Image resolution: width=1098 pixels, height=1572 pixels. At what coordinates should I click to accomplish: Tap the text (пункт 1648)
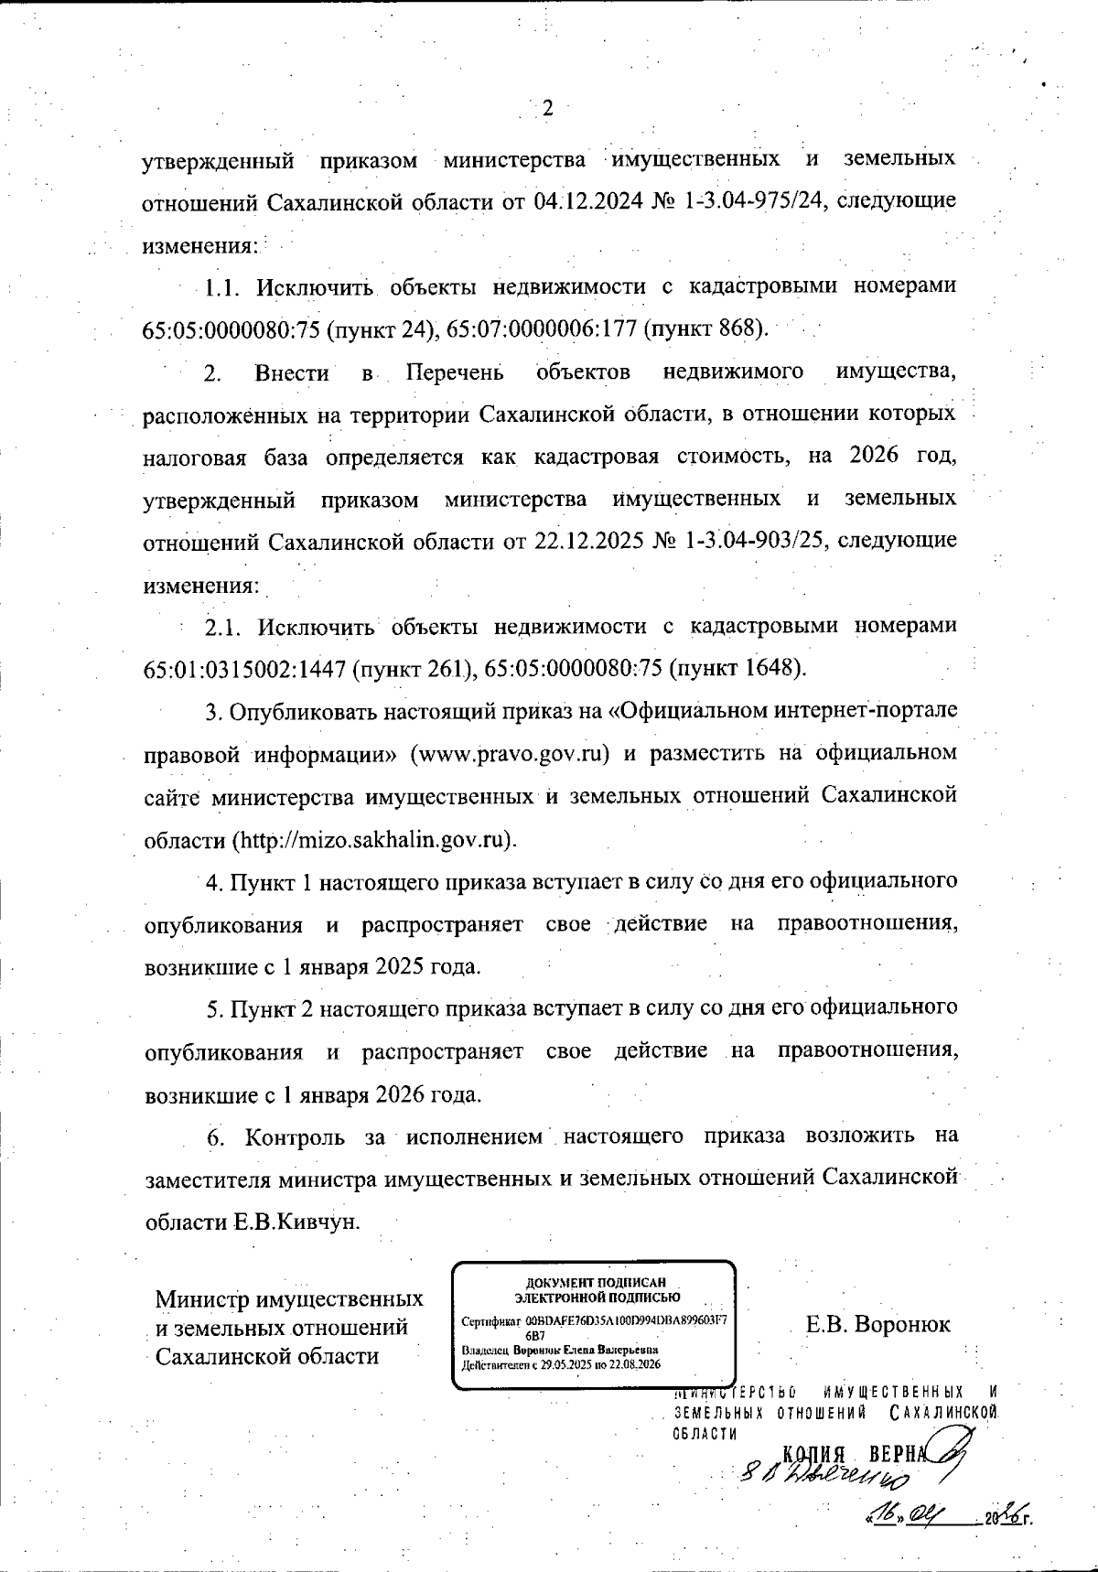pos(737,669)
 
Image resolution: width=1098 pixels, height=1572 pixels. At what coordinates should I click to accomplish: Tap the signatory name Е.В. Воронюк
pos(877,1324)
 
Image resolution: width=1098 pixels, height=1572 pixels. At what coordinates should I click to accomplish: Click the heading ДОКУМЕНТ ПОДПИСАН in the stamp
pos(595,1283)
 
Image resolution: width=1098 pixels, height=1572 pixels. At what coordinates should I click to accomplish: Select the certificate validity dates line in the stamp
pos(561,1364)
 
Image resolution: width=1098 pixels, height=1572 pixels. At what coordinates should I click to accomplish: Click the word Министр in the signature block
pos(201,1299)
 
